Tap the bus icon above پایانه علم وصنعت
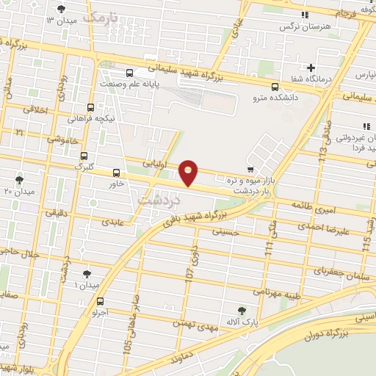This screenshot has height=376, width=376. [129, 73]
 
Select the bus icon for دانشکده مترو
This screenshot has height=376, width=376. [275, 86]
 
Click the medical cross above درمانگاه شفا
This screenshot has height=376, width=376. [312, 68]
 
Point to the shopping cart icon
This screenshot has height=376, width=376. [250, 170]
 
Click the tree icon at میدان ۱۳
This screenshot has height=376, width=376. [60, 10]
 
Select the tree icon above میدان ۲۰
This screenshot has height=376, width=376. [19, 179]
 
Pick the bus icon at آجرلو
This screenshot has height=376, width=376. [100, 301]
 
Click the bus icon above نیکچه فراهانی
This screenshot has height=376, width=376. [90, 106]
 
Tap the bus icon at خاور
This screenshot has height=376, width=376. [115, 173]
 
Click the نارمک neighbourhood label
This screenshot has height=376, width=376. [101, 18]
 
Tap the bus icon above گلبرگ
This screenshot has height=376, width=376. [84, 156]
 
